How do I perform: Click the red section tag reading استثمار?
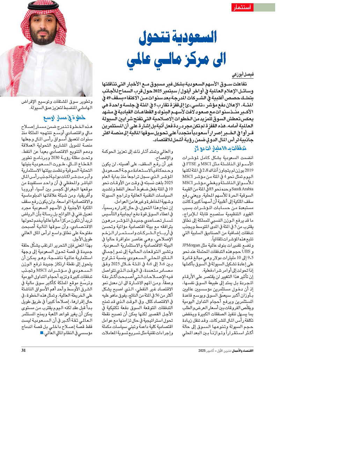[242, 7]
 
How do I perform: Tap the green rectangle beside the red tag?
[264, 7]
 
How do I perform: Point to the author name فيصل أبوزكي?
[243, 75]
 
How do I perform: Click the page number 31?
[23, 350]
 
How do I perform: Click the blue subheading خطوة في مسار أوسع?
[64, 118]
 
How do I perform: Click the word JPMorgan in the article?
[191, 245]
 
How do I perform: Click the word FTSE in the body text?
[192, 164]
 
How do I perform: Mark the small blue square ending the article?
[42, 333]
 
